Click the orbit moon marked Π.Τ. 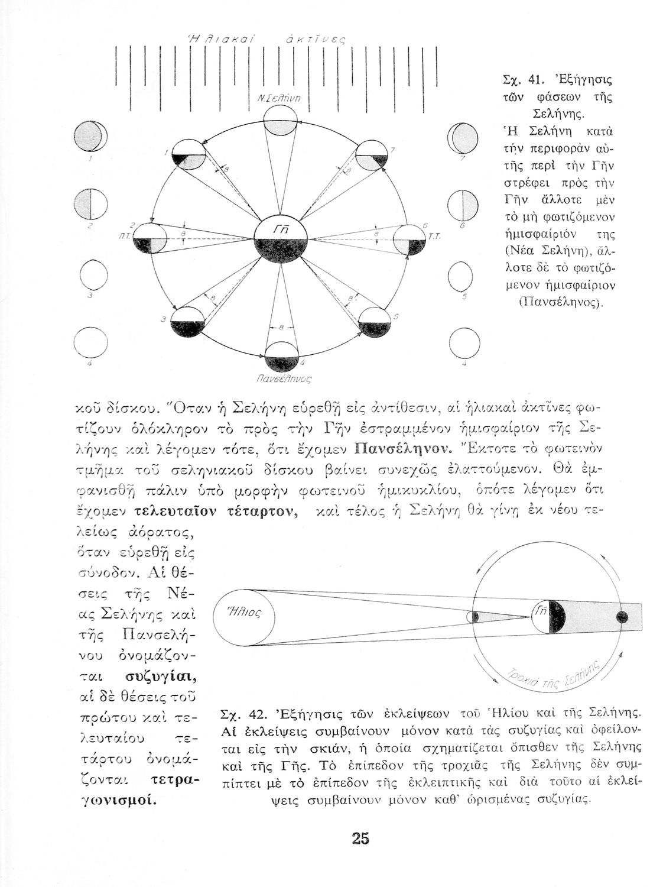[x=150, y=239]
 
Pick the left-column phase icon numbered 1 [x=87, y=137]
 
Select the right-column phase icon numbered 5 [x=461, y=274]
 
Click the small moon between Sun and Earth [x=475, y=617]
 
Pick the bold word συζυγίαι [x=161, y=675]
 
